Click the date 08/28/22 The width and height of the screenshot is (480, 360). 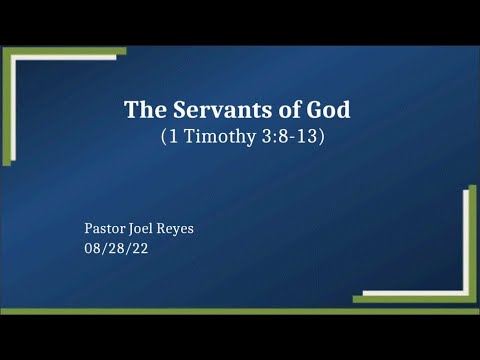[x=116, y=248]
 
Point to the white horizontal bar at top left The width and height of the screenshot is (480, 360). [x=60, y=58]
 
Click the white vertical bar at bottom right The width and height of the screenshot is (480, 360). [x=466, y=240]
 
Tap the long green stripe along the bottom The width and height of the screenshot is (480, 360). [x=240, y=311]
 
